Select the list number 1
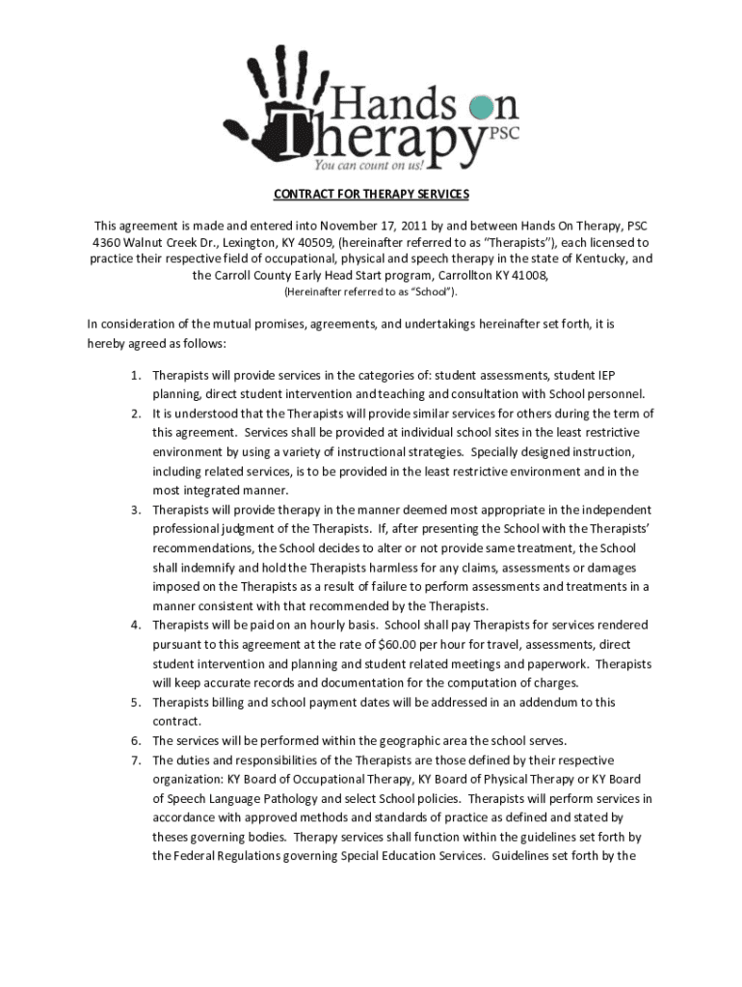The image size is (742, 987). click(137, 375)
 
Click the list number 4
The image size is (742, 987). click(137, 626)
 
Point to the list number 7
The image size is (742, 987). click(137, 760)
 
